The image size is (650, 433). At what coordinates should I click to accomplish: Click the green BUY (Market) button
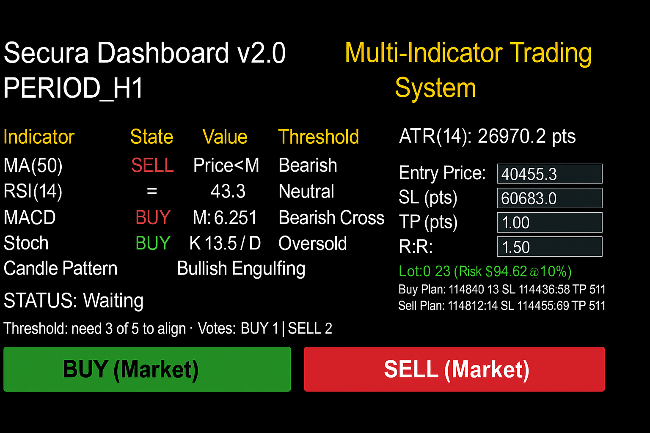click(147, 369)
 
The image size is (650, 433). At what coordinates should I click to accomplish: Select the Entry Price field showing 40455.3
click(550, 174)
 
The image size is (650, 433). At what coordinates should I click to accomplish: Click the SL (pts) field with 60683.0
click(550, 198)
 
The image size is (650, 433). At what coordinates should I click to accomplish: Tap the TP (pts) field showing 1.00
click(550, 222)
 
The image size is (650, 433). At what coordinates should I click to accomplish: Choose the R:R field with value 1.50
click(550, 247)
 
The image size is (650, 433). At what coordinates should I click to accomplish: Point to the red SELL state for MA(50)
click(152, 165)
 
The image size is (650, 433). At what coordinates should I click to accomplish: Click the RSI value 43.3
click(228, 191)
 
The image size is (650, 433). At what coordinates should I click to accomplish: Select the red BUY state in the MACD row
click(153, 217)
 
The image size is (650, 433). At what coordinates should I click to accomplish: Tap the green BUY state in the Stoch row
click(153, 243)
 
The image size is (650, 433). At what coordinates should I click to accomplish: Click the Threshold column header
click(319, 137)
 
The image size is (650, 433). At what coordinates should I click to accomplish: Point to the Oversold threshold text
click(313, 243)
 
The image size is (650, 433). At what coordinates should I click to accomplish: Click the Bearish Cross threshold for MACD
click(331, 217)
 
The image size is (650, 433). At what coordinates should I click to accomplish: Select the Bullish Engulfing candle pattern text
click(241, 269)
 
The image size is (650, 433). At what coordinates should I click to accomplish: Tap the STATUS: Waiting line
click(73, 301)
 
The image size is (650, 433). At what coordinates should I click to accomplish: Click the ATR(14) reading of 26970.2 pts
click(487, 136)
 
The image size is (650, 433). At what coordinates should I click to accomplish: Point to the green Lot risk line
click(485, 271)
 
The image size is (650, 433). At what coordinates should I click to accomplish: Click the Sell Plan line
click(502, 306)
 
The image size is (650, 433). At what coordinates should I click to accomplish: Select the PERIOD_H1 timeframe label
click(73, 88)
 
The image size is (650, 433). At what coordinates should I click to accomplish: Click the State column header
click(151, 137)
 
